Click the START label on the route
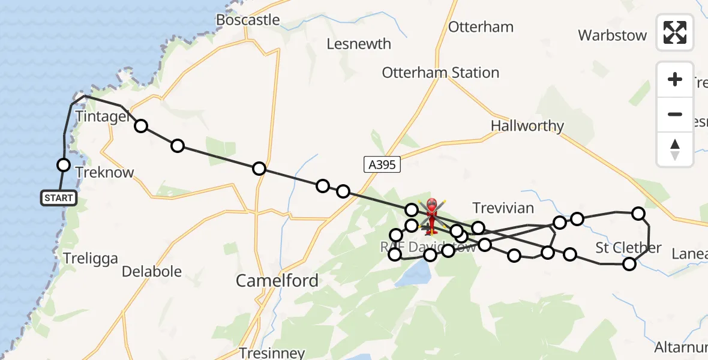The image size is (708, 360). coord(59,198)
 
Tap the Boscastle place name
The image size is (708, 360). coord(248,20)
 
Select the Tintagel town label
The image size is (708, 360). coord(102,116)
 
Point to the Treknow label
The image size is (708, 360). coord(105,172)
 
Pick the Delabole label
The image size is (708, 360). coord(152,272)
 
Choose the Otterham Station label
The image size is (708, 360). coord(440,73)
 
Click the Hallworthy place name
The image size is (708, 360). coord(527,126)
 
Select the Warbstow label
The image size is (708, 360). coord(612,35)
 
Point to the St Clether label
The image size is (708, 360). coord(628,247)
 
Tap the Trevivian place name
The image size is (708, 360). coord(503,208)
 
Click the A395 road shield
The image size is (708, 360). coord(382,164)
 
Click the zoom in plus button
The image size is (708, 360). coord(675,79)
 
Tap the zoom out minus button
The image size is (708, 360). coord(675,114)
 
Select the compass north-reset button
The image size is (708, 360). coord(675,149)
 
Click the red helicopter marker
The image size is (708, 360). coord(432,215)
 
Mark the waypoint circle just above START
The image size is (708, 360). coord(63,164)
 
